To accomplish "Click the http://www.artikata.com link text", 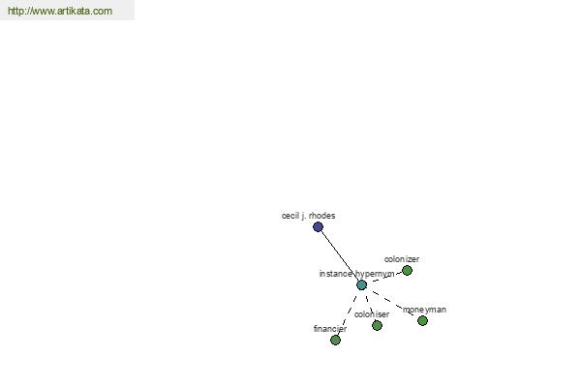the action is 60,11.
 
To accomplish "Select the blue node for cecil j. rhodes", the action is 318,226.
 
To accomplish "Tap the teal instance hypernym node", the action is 361,284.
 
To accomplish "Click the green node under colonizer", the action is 407,270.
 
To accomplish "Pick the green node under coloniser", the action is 377,325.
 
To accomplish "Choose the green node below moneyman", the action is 422,320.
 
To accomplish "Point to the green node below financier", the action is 335,340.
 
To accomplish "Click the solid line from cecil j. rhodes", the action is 340,255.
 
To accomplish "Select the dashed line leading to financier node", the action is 348,314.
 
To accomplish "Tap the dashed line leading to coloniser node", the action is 370,307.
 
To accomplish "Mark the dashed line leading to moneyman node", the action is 392,303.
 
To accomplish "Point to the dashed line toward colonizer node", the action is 386,277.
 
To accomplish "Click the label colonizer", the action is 402,259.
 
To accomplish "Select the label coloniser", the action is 372,314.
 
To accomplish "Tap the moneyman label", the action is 424,310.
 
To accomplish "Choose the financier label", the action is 330,329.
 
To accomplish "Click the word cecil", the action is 290,216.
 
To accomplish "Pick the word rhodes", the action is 322,216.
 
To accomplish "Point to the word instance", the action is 336,274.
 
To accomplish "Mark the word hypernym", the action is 375,274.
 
